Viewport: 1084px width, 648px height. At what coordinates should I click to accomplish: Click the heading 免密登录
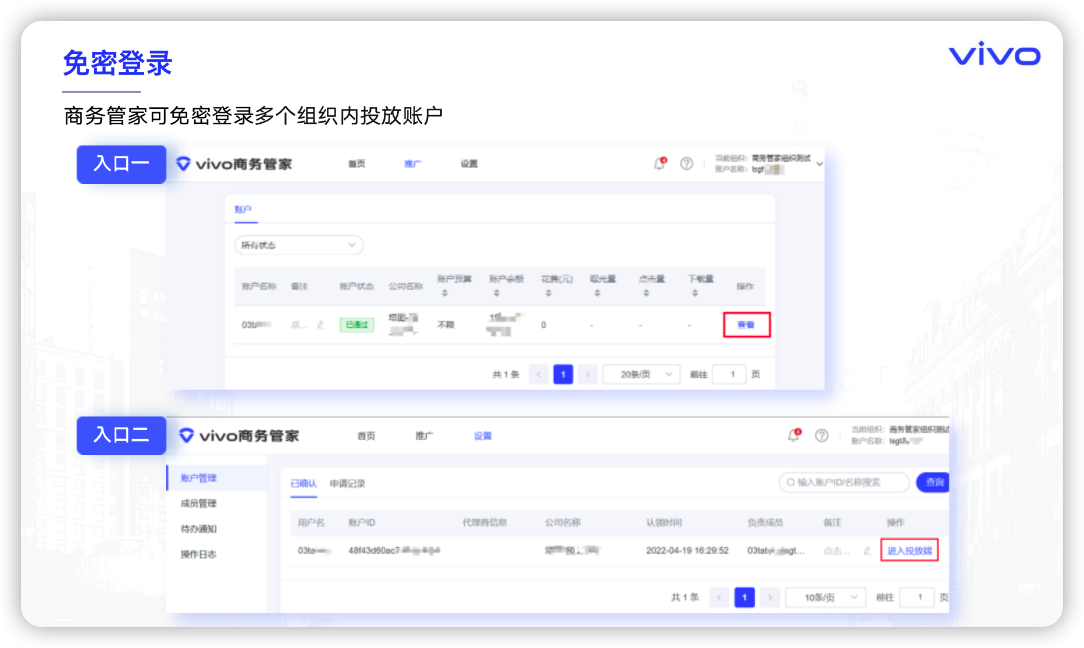117,63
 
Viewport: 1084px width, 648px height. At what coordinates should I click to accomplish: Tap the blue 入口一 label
122,164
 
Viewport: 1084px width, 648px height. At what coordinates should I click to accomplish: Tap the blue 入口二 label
122,435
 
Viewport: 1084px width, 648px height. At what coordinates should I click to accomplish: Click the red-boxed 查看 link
746,325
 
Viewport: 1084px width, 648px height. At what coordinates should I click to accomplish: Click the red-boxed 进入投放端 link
909,550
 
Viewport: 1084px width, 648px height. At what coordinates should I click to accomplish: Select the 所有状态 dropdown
298,245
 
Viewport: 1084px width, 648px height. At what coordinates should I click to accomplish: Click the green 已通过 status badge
356,325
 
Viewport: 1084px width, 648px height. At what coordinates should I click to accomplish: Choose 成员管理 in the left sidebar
198,503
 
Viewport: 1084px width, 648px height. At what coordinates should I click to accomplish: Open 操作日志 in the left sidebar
198,554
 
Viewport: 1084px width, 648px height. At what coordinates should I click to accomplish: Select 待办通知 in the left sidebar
198,529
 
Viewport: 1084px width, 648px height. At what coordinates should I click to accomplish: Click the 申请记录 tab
347,483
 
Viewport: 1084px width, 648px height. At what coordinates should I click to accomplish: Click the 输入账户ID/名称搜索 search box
844,482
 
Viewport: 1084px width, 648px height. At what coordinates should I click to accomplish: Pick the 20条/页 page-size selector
641,374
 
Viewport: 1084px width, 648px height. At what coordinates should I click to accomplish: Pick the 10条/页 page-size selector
825,597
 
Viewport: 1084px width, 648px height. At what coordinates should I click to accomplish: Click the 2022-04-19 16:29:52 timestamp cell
687,550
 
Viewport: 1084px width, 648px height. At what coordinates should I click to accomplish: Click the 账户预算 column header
454,280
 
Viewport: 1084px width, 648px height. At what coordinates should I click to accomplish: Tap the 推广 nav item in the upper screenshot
412,164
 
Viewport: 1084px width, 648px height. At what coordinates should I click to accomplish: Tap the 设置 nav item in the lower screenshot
483,436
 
